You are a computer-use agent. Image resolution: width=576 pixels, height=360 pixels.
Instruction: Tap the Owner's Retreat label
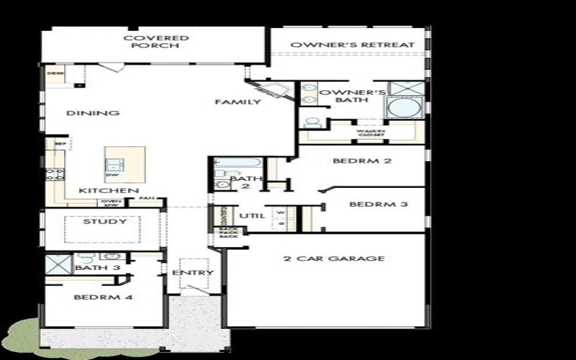tap(352, 45)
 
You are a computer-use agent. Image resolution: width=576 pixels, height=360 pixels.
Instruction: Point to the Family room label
tap(238, 102)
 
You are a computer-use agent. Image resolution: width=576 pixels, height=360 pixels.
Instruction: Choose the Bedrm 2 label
tap(362, 161)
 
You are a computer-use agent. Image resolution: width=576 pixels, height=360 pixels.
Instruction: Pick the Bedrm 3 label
tap(379, 204)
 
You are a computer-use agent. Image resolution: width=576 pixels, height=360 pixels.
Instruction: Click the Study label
tap(104, 222)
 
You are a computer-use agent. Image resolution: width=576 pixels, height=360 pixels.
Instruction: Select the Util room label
tap(252, 215)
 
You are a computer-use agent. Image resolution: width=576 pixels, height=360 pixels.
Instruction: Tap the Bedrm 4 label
tap(97, 297)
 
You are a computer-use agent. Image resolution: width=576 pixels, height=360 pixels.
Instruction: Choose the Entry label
tap(193, 273)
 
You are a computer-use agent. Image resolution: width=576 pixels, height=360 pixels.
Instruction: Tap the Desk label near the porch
tap(55, 73)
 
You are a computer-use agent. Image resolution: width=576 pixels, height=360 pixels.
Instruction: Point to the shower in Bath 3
tap(57, 264)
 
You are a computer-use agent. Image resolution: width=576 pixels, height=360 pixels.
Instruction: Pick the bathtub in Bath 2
tap(230, 162)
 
